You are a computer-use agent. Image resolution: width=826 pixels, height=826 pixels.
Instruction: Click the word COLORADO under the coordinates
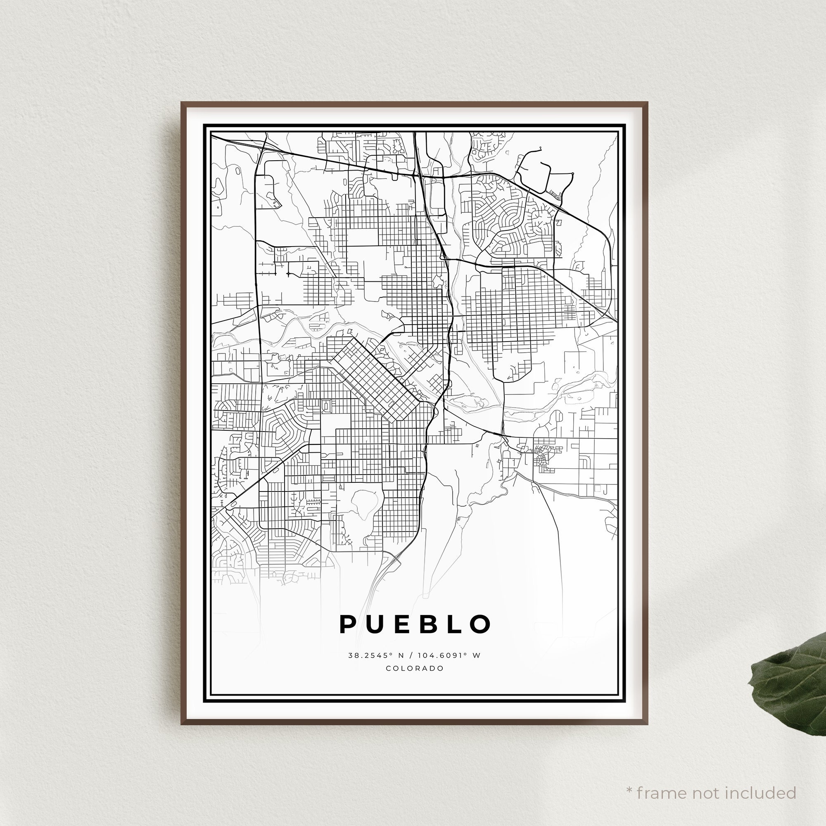(415, 668)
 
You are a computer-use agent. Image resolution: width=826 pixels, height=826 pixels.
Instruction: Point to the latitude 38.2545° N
(370, 655)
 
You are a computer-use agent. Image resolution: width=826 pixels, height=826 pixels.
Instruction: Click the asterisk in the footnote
(629, 778)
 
